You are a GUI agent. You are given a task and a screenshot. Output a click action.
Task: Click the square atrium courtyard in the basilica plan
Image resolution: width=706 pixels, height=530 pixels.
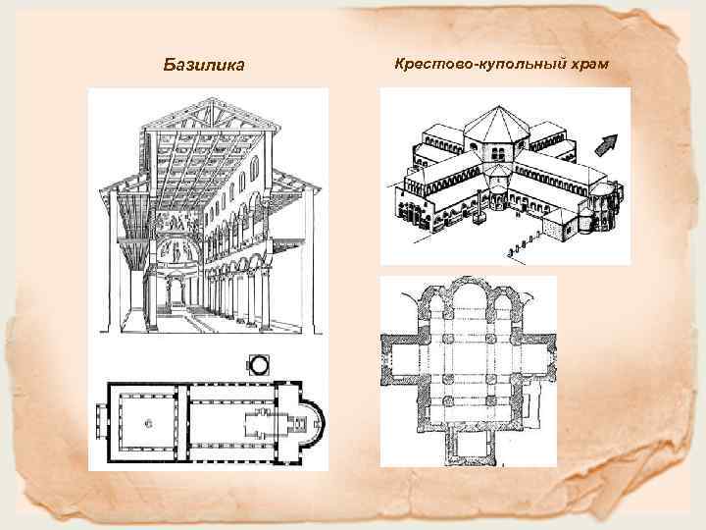click(148, 423)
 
